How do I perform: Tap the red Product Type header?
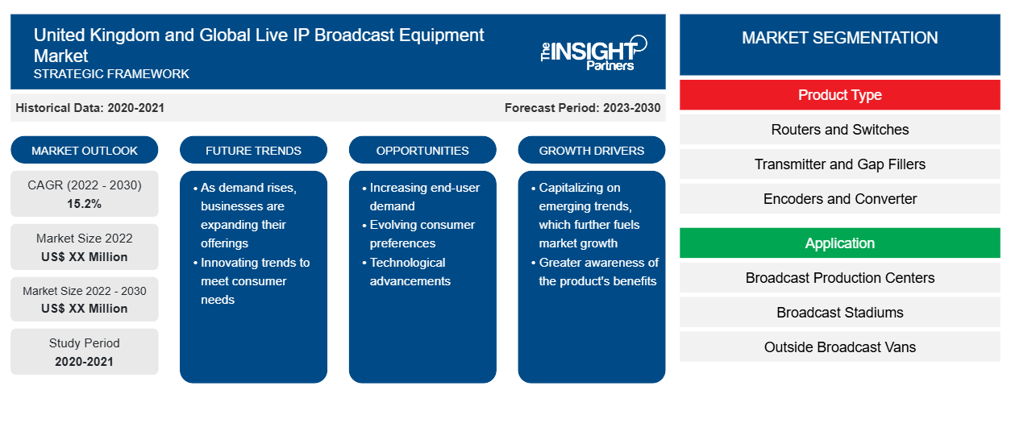[x=839, y=95]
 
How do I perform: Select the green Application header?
[x=839, y=243]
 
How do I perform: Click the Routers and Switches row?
[x=839, y=130]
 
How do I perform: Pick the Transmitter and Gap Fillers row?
[x=839, y=164]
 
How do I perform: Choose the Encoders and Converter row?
[x=839, y=198]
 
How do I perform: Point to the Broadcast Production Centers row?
[x=839, y=277]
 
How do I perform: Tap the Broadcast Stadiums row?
[x=839, y=313]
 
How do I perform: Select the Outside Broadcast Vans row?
[x=839, y=347]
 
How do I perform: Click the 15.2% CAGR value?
[x=85, y=204]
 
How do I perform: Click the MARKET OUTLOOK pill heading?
[x=85, y=150]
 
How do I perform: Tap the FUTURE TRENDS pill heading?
[x=253, y=150]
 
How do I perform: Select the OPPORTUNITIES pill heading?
[x=422, y=150]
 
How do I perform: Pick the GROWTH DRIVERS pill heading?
[x=592, y=150]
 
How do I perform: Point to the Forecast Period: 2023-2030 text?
[x=582, y=108]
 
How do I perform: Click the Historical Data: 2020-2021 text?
[x=89, y=108]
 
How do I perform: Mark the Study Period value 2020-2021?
[x=84, y=362]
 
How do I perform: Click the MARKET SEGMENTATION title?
[x=839, y=37]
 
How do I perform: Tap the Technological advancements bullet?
[x=406, y=272]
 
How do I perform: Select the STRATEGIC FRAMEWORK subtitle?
[x=111, y=74]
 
